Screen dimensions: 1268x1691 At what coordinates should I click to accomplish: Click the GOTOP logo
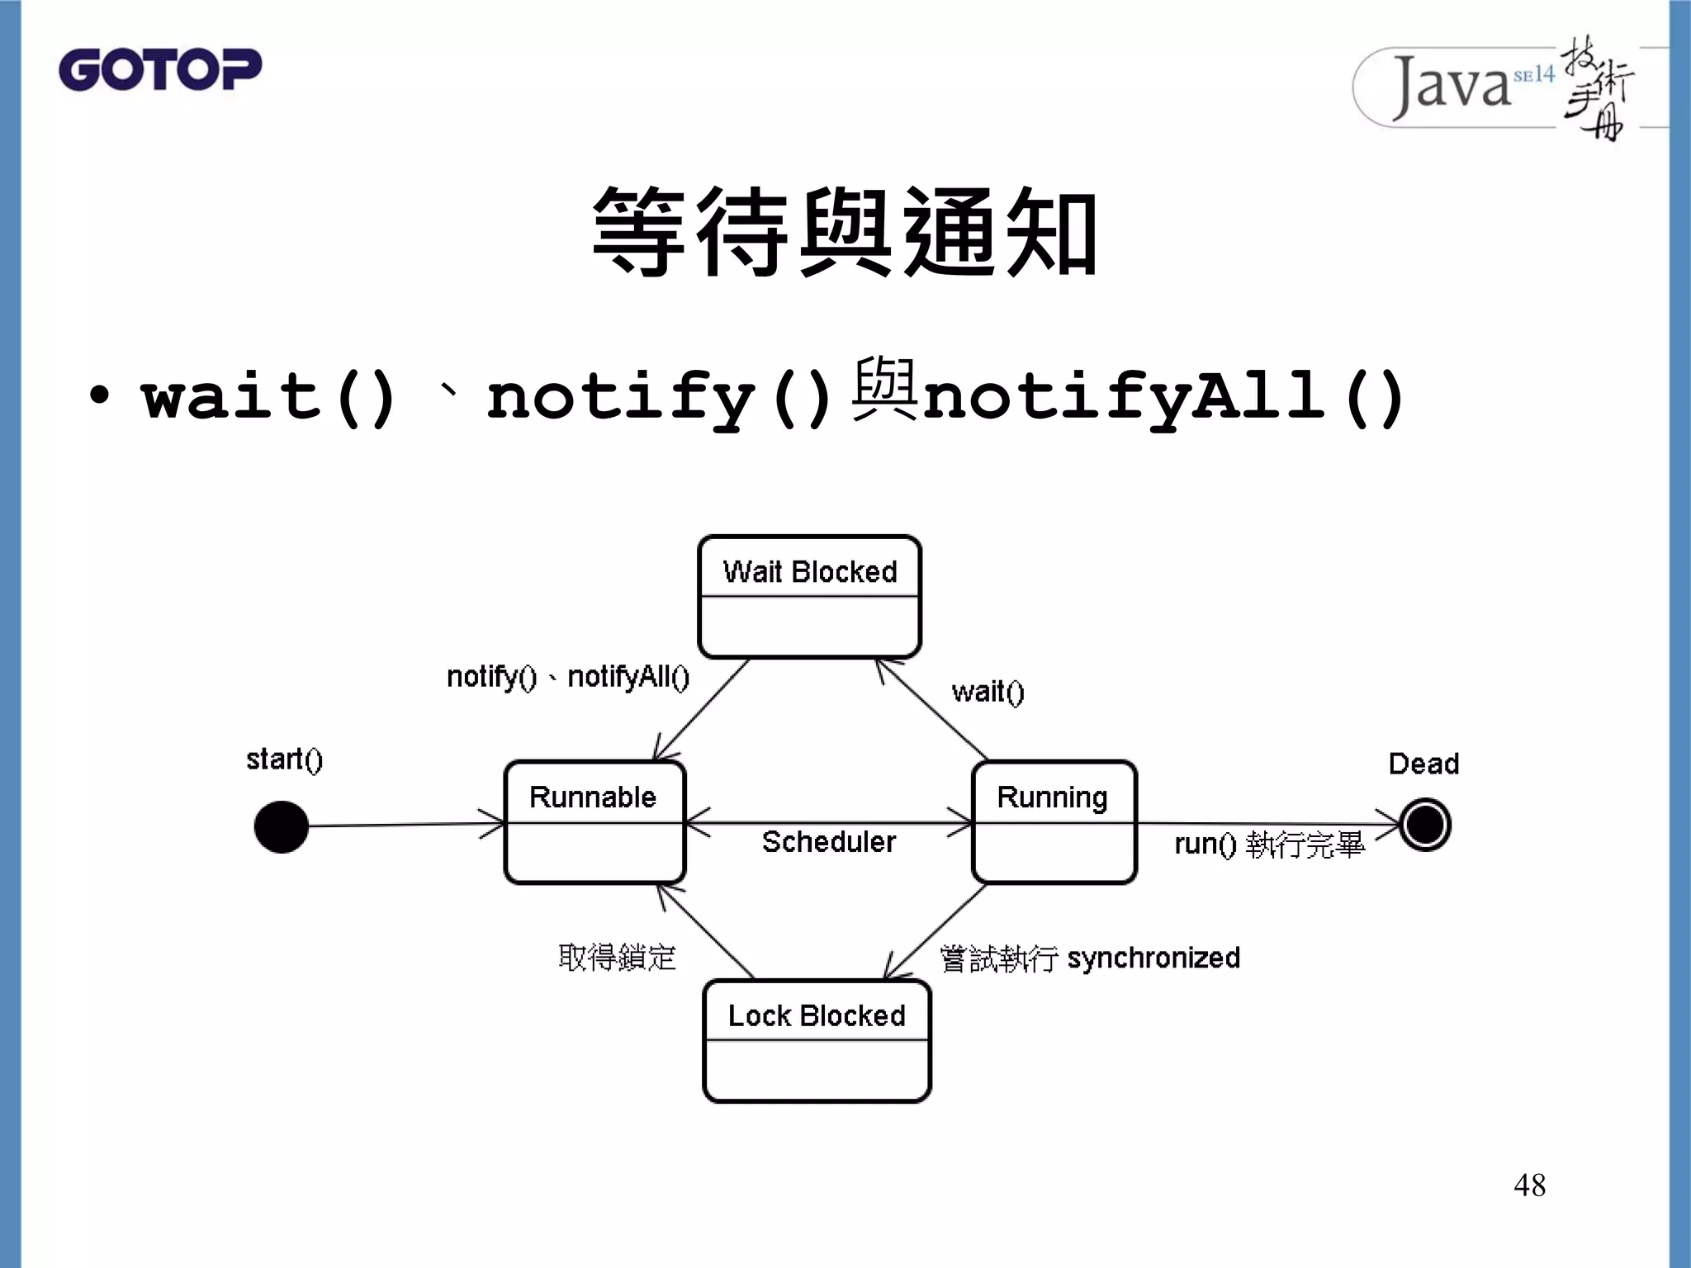[x=159, y=69]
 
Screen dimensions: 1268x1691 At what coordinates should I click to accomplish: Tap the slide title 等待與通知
[x=845, y=232]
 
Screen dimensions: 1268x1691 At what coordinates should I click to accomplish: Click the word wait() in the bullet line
[x=269, y=398]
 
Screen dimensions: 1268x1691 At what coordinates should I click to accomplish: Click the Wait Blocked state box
[x=809, y=597]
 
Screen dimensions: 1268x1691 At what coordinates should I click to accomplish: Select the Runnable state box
[x=594, y=822]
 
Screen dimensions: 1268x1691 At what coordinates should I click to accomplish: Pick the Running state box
[x=1054, y=822]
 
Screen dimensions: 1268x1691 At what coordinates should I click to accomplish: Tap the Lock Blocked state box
[x=817, y=1041]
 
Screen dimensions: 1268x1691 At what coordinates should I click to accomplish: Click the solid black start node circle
[x=282, y=826]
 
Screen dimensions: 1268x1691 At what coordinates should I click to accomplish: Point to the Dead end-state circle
[x=1425, y=825]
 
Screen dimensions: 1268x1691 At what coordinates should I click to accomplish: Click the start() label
[x=285, y=759]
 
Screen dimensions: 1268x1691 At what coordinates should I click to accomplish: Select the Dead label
[x=1423, y=764]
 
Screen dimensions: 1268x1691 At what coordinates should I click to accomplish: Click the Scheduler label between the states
[x=828, y=842]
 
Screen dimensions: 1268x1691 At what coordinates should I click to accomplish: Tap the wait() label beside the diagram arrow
[x=988, y=692]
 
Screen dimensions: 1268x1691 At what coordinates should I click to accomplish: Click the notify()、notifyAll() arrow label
[x=568, y=677]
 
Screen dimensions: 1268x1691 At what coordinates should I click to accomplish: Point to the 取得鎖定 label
[x=617, y=958]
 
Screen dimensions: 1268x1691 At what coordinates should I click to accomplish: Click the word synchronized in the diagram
[x=1153, y=958]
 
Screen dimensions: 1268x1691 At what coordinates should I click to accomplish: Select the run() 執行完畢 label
[x=1269, y=845]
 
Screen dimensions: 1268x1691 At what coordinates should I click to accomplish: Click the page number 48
[x=1529, y=1185]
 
